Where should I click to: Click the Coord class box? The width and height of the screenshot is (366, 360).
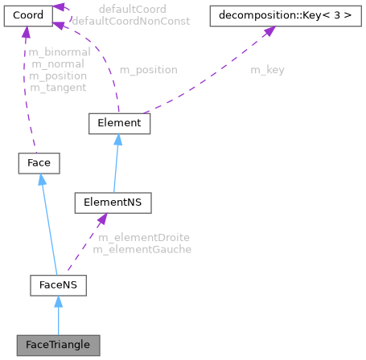28,16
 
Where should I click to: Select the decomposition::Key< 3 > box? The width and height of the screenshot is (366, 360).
286,16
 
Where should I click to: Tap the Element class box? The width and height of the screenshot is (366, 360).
119,124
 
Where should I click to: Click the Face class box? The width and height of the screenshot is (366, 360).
39,163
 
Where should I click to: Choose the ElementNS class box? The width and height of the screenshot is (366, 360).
113,202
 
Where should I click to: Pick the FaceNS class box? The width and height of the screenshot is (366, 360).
58,285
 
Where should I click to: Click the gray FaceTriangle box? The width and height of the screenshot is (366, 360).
58,346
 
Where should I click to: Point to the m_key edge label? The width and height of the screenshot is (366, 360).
267,70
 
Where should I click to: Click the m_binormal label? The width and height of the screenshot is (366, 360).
60,52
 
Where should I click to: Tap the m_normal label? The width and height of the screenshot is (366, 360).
58,64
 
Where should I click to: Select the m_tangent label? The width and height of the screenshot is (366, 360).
58,88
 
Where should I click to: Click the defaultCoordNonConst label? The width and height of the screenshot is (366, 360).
131,21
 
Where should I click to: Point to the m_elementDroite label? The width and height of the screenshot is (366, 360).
144,238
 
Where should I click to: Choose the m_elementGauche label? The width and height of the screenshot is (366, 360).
142,250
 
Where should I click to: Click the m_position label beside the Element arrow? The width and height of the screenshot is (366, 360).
149,70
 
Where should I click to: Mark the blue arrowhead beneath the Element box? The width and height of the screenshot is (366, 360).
118,140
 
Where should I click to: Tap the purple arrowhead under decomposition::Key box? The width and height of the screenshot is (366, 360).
269,31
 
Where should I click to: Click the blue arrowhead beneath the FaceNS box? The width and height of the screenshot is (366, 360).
58,301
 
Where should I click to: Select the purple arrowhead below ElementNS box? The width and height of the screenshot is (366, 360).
102,219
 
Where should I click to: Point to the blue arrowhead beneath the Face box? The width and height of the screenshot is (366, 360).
42,179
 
